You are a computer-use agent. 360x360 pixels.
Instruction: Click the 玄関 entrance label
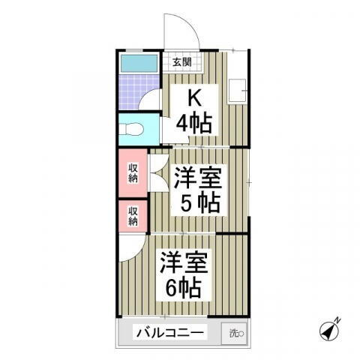[181, 62]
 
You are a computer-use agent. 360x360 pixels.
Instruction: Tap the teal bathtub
[139, 63]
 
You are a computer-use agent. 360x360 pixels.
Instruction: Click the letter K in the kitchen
[193, 97]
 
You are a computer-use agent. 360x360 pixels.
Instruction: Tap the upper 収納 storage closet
[133, 172]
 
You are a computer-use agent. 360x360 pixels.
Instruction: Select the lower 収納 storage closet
[133, 216]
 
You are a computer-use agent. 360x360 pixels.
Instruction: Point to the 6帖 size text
[182, 286]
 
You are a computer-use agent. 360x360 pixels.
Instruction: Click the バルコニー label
[170, 332]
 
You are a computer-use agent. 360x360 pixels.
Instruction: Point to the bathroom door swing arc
[151, 100]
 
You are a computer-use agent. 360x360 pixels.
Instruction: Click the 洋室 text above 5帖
[197, 178]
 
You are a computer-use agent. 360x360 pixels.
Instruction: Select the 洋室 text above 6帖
[182, 262]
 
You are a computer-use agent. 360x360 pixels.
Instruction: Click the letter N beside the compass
[337, 321]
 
